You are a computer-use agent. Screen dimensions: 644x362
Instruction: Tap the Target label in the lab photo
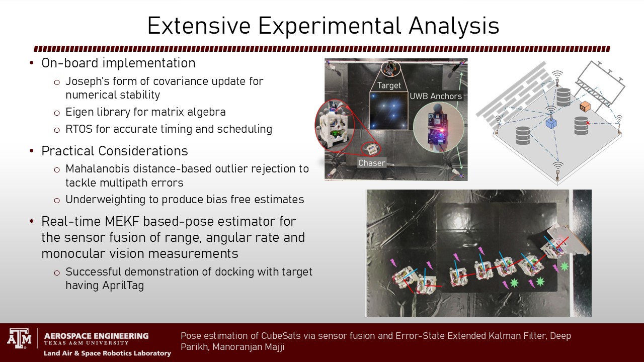tap(389, 85)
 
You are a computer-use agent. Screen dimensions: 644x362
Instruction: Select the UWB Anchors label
tap(436, 96)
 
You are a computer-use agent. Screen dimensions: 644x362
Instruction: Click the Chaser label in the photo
tap(371, 163)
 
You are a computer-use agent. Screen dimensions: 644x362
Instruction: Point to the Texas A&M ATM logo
tap(19, 338)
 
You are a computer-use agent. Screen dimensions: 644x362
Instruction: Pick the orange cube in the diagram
tap(585, 107)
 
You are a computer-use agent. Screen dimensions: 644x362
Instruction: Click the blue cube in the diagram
tap(551, 123)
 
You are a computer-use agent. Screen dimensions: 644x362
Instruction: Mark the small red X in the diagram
tap(588, 123)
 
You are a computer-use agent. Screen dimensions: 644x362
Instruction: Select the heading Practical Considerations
tap(114, 151)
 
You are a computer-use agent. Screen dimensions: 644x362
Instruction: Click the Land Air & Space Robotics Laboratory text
tap(107, 353)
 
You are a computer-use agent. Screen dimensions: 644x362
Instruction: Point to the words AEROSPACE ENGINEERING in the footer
tap(96, 336)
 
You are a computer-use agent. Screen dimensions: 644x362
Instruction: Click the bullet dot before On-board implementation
tap(32, 63)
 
